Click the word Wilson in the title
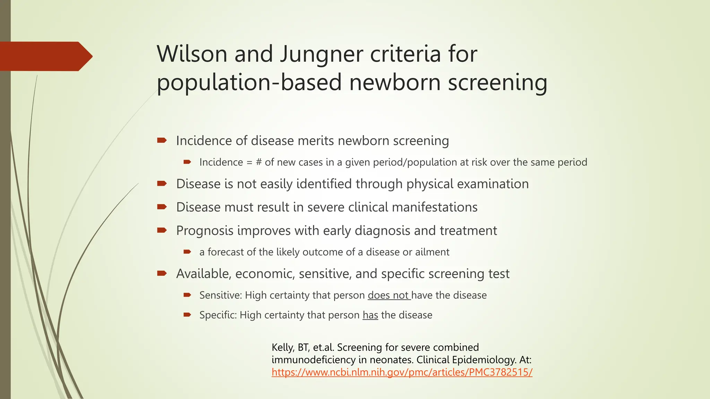point(192,54)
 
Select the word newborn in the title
point(395,82)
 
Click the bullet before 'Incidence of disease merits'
point(162,140)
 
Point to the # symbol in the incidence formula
point(259,162)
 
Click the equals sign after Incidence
point(249,162)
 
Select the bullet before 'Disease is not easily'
point(162,183)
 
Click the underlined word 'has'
point(370,315)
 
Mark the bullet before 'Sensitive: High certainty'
point(187,295)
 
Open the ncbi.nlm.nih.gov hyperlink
point(402,372)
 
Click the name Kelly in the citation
point(283,347)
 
